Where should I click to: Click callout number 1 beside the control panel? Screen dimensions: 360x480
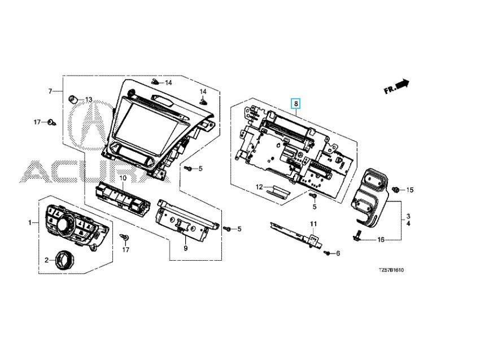point(30,223)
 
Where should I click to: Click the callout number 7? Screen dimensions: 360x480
point(50,91)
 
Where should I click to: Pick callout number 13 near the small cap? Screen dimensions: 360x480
point(88,100)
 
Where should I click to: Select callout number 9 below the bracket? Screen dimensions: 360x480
point(184,248)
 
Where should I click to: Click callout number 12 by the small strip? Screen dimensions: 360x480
point(259,186)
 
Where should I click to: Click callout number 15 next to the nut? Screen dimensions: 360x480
point(410,190)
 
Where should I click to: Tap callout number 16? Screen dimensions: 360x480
point(381,240)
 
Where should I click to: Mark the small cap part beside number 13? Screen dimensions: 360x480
point(73,99)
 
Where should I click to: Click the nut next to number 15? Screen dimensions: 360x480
point(396,189)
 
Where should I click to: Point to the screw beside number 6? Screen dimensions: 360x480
point(327,254)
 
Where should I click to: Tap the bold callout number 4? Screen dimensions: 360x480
point(408,224)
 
